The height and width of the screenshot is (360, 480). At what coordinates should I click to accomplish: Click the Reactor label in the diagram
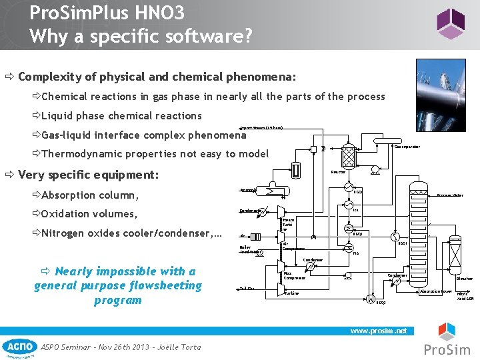pos(338,172)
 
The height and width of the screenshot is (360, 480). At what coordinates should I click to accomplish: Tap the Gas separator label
pos(407,147)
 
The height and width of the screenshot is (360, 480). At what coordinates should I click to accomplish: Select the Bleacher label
pos(464,279)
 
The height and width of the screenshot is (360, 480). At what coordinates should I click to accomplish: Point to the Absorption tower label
pos(437,291)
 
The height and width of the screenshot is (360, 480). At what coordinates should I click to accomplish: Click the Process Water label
pos(450,195)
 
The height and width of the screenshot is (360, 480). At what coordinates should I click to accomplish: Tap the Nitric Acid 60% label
pos(465,297)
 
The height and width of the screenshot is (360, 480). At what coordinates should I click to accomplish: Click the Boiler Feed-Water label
pos(249,249)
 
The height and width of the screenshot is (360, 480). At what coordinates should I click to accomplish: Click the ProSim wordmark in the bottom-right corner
pos(447,350)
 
